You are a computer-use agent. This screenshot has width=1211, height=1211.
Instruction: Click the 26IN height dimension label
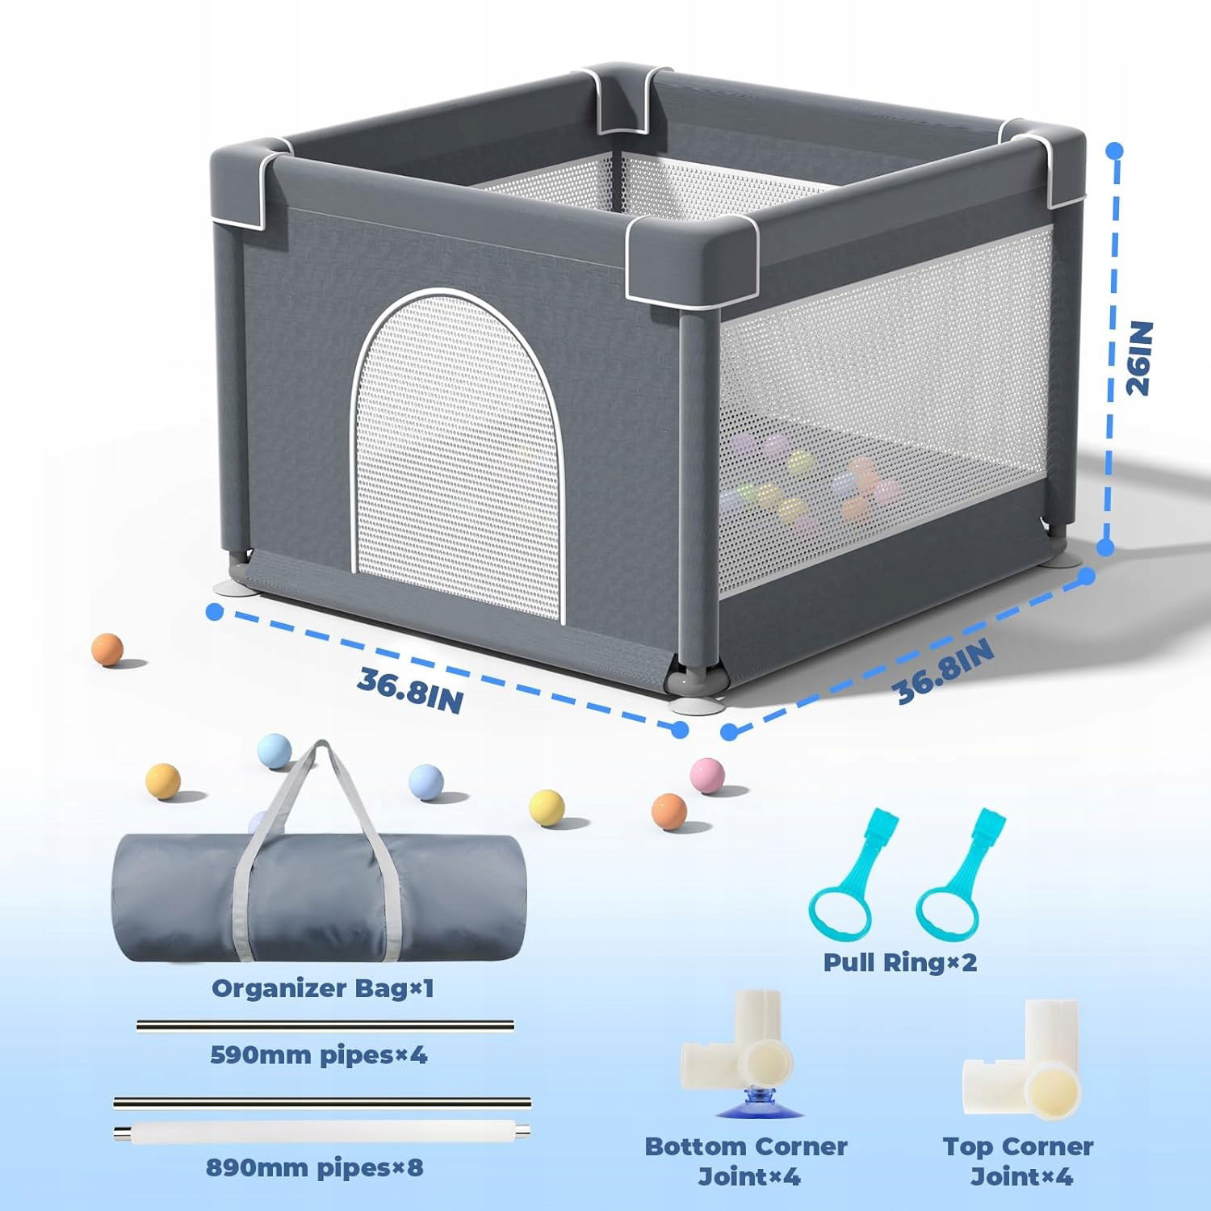pyautogui.click(x=1138, y=358)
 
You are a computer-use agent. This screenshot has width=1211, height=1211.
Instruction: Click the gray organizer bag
pyautogui.click(x=319, y=896)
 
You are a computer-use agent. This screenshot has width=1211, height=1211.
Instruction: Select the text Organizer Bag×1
pyautogui.click(x=323, y=988)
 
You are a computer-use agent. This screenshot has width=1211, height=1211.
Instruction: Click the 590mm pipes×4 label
pyautogui.click(x=319, y=1054)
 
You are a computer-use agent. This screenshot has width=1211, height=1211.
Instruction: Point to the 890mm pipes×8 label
pyautogui.click(x=315, y=1167)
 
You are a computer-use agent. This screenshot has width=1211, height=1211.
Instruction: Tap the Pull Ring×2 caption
pyautogui.click(x=900, y=962)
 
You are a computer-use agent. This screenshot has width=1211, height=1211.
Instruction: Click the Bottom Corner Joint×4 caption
pyautogui.click(x=747, y=1161)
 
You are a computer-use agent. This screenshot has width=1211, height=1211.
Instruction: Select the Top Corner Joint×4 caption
pyautogui.click(x=1019, y=1161)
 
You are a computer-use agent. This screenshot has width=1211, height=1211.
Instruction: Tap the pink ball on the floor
pyautogui.click(x=708, y=773)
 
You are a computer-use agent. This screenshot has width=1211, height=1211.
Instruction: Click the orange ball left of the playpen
pyautogui.click(x=107, y=650)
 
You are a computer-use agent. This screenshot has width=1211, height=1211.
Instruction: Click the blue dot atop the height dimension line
pyautogui.click(x=1115, y=151)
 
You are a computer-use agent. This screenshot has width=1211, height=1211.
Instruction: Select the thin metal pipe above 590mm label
pyautogui.click(x=325, y=1026)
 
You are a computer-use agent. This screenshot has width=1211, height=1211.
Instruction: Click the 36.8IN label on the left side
pyautogui.click(x=410, y=689)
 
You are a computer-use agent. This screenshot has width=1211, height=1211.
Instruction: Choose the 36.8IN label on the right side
pyautogui.click(x=945, y=669)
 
